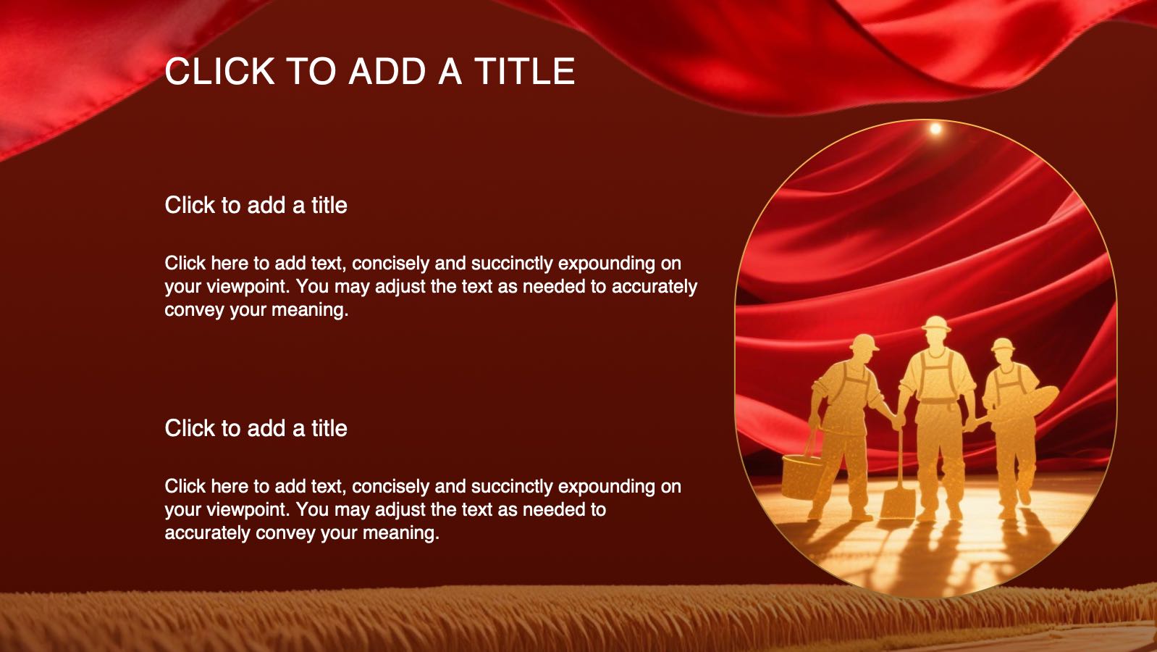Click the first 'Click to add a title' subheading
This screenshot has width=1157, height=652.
tap(256, 205)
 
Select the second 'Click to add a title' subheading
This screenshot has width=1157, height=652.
tap(256, 428)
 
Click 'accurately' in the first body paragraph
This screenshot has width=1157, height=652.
tap(655, 287)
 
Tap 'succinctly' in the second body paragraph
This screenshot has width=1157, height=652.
tap(513, 487)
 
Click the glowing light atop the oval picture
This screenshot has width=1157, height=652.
tap(935, 128)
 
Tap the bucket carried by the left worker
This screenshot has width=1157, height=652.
tap(801, 476)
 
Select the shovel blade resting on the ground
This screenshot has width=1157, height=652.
tap(899, 503)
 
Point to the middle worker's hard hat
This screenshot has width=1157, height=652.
tap(936, 324)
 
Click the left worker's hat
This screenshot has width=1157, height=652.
tap(863, 343)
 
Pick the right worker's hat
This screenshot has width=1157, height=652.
tap(1003, 345)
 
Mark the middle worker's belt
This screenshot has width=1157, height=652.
tap(938, 401)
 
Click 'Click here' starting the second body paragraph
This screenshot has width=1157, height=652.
tap(206, 487)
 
